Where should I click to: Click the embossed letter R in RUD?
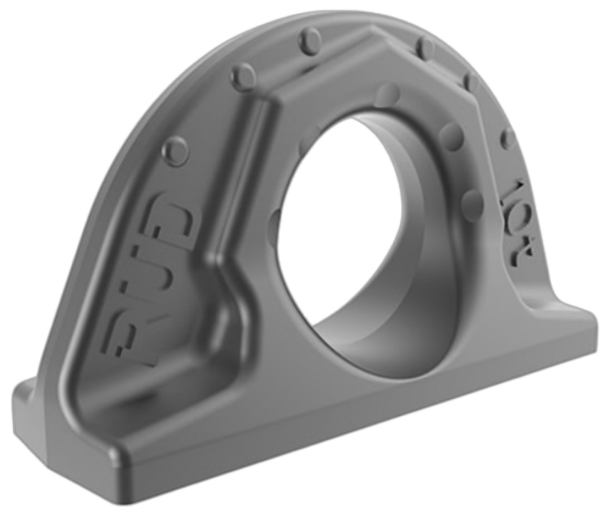(135, 336)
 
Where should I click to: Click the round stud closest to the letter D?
(176, 150)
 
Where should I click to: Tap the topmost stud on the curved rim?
(310, 40)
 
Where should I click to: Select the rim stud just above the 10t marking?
(507, 139)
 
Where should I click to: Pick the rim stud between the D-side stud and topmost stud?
(244, 78)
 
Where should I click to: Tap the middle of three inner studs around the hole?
(451, 136)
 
